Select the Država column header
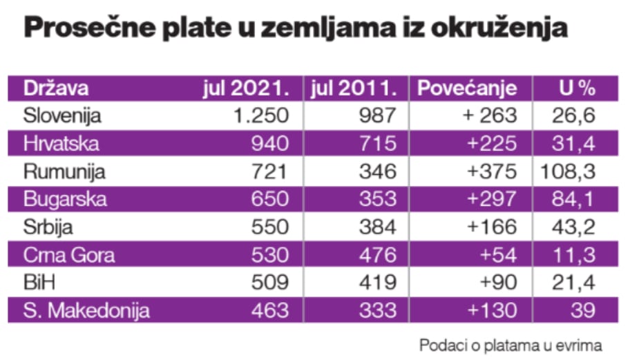[56, 88]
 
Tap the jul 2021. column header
[245, 88]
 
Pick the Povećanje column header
[467, 88]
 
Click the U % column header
[577, 88]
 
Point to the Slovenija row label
[62, 115]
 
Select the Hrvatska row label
[61, 144]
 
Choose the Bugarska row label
[65, 199]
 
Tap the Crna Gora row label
[68, 255]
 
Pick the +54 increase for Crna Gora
[499, 255]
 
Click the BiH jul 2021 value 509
[269, 283]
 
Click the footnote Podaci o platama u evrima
[510, 344]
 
